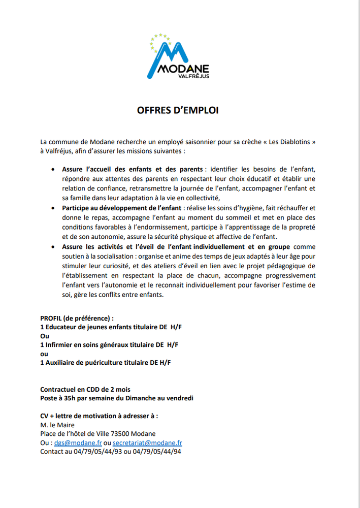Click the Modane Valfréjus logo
pyautogui.click(x=179, y=57)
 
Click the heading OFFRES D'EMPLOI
pyautogui.click(x=178, y=110)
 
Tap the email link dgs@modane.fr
pyautogui.click(x=78, y=443)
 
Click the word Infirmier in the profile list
pyautogui.click(x=60, y=345)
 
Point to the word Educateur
pyautogui.click(x=62, y=327)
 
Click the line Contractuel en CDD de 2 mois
pyautogui.click(x=85, y=390)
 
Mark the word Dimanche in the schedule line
pyautogui.click(x=136, y=398)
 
